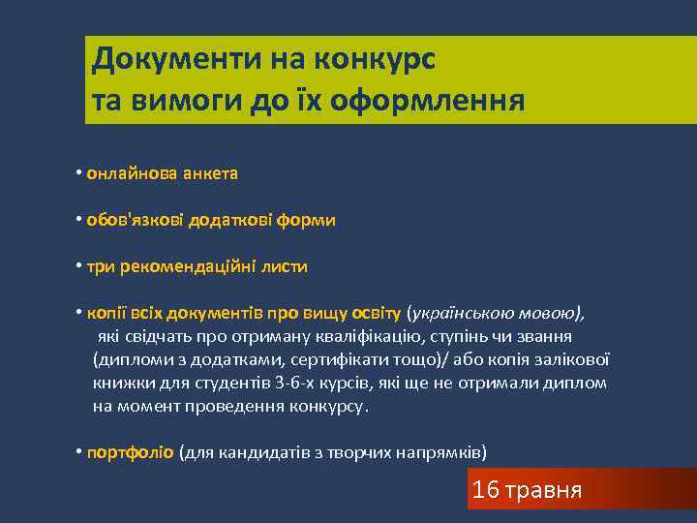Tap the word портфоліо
[x=131, y=452]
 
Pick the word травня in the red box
[x=543, y=490]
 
